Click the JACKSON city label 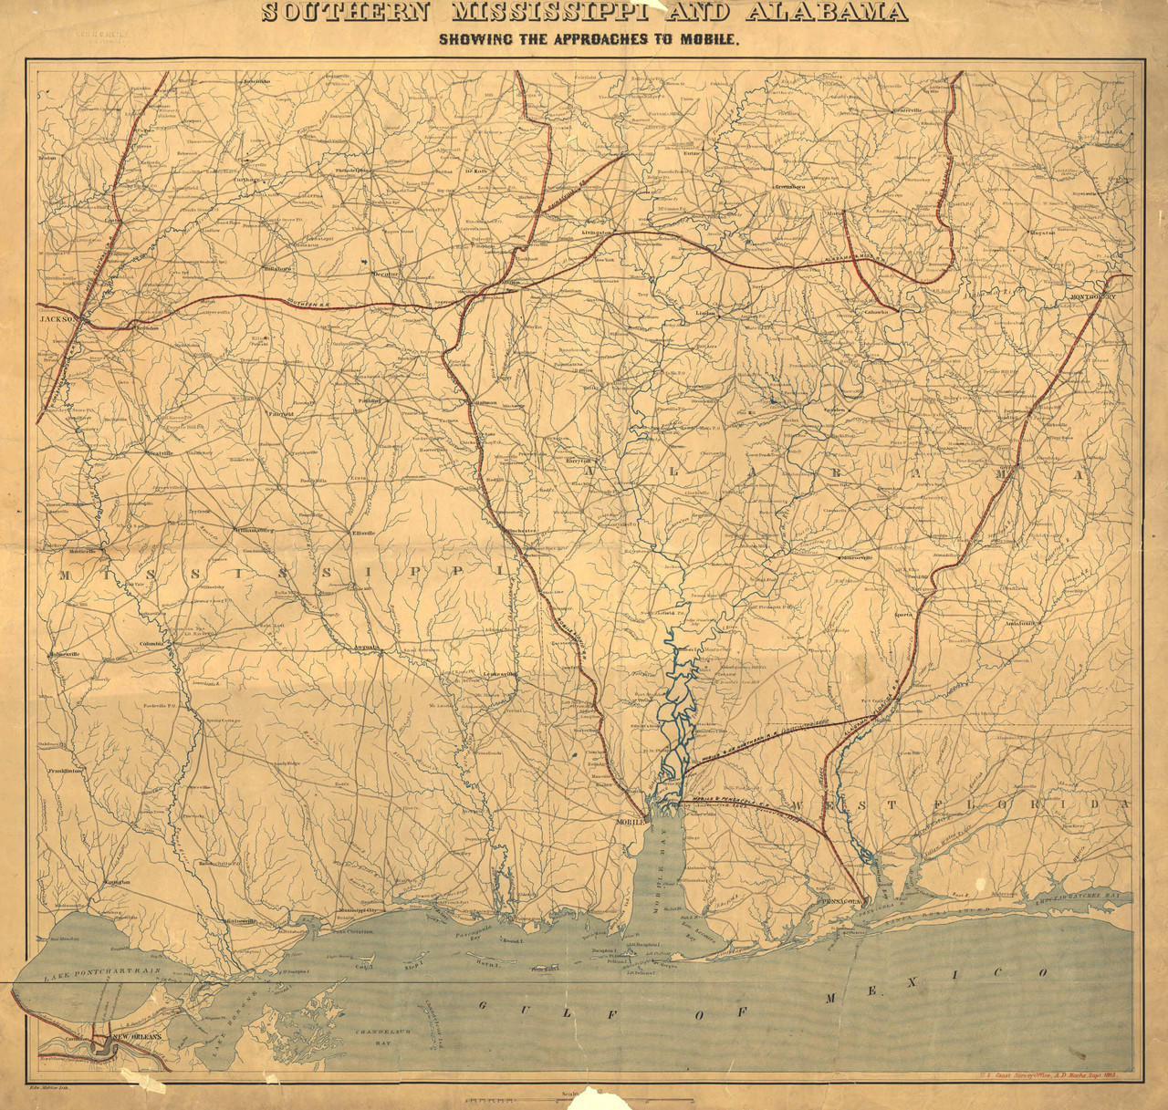(x=57, y=319)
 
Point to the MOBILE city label (x=631, y=821)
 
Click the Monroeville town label (x=857, y=557)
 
